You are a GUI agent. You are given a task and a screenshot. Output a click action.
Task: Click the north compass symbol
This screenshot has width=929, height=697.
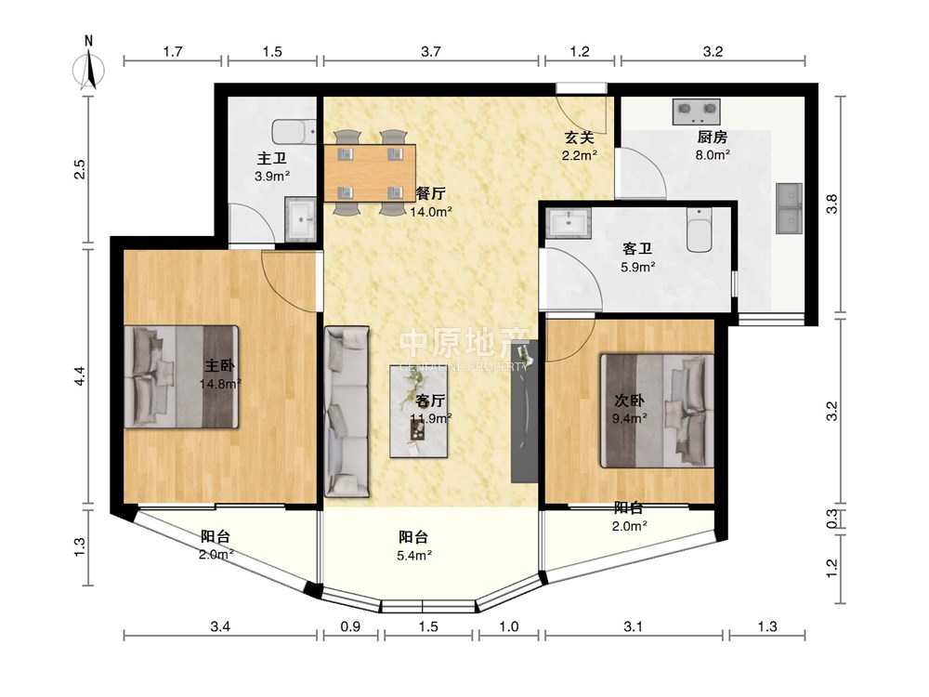(89, 66)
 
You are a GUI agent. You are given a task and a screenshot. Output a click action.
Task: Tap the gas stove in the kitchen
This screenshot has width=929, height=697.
(696, 112)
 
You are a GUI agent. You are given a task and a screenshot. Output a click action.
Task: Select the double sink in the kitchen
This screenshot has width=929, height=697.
(789, 208)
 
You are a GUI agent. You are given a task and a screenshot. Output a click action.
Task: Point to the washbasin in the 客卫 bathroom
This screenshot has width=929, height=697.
(569, 223)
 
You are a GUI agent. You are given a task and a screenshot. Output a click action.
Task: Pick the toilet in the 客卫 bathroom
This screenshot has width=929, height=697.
(700, 230)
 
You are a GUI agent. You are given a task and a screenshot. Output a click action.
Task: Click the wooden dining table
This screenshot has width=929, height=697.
(370, 173)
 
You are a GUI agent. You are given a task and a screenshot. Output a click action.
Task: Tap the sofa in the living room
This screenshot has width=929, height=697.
(347, 412)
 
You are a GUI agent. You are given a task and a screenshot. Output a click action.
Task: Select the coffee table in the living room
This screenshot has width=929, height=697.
(418, 412)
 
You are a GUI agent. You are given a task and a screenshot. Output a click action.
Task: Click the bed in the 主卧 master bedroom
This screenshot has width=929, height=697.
(181, 376)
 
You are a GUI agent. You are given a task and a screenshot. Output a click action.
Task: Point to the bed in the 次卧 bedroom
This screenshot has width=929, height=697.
(657, 411)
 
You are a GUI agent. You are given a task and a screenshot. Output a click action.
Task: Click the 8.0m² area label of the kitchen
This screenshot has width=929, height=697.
(713, 154)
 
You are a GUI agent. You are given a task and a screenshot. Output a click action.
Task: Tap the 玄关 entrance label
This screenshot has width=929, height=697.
(579, 138)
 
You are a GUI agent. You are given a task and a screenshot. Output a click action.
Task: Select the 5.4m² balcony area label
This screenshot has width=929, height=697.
(414, 556)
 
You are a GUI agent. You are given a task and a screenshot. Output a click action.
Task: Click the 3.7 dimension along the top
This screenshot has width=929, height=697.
(431, 51)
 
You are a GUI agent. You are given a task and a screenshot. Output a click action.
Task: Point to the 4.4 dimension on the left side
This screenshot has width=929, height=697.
(80, 377)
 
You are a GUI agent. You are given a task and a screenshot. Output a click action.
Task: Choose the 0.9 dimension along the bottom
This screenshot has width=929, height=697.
(351, 626)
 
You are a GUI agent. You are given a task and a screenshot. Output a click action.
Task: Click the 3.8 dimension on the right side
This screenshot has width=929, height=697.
(832, 204)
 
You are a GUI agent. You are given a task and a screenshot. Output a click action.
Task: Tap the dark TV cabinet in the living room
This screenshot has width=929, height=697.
(524, 411)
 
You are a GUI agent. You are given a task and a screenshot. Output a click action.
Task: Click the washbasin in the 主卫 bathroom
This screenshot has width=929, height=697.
(301, 219)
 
